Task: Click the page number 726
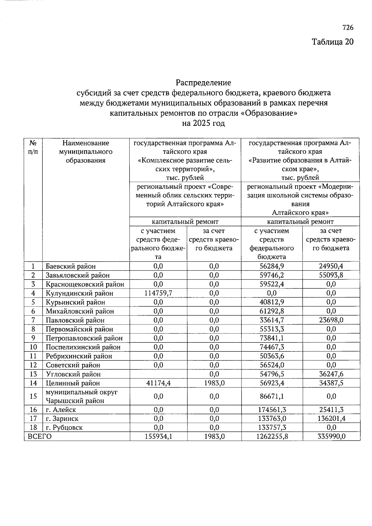pos(348,28)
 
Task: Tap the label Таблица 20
pos(332,42)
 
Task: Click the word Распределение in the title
pos(203,83)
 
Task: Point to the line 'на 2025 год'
pos(203,123)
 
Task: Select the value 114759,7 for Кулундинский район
pos(158,293)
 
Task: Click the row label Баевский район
pos(71,266)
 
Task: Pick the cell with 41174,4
pos(158,383)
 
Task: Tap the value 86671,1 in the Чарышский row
pos(272,396)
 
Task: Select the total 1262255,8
pos(272,436)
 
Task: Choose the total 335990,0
pos(331,436)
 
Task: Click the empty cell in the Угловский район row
pos(158,374)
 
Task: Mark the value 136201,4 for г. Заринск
pos(331,419)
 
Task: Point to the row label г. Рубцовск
pos(64,428)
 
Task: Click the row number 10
pos(33,347)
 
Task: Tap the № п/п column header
pos(33,147)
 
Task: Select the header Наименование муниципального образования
pos(86,152)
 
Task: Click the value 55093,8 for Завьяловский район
pos(331,275)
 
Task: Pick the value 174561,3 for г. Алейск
pos(272,410)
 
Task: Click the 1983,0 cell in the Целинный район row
pos(214,383)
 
